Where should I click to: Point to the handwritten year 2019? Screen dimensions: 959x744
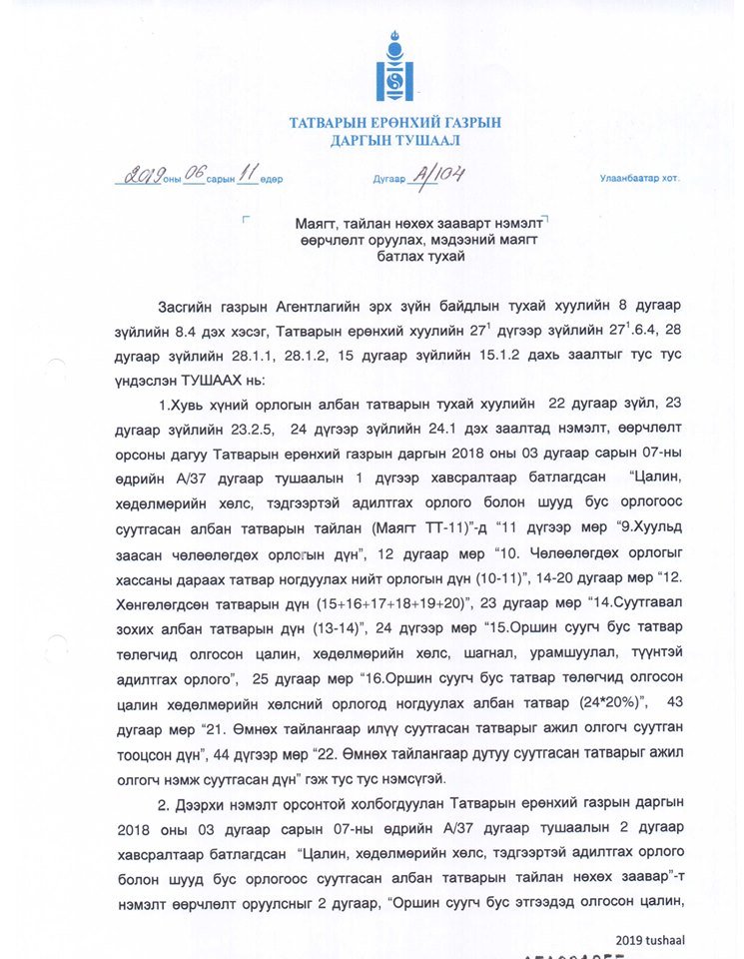tap(138, 177)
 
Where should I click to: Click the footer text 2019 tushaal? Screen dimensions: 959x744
tap(650, 939)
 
